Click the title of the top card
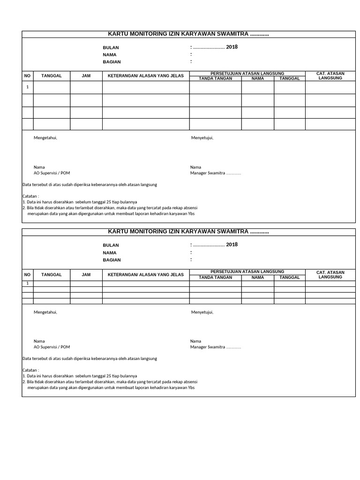point(188,34)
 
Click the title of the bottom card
point(188,232)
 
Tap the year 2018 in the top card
point(232,47)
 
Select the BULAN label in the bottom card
point(111,245)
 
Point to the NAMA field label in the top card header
point(110,55)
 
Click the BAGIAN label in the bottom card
point(112,260)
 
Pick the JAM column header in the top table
point(86,76)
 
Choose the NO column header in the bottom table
point(27,275)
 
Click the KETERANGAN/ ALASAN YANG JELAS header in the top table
point(146,76)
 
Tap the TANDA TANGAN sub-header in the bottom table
point(216,277)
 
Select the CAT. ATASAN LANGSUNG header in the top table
point(330,76)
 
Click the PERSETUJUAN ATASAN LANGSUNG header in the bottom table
point(247,271)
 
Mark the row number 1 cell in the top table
point(27,87)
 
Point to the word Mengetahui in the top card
point(45,138)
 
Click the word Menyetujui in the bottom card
point(202,312)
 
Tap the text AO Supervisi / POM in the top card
point(52,173)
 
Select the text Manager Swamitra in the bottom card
point(208,347)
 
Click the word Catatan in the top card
point(30,196)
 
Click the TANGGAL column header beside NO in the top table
point(52,76)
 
